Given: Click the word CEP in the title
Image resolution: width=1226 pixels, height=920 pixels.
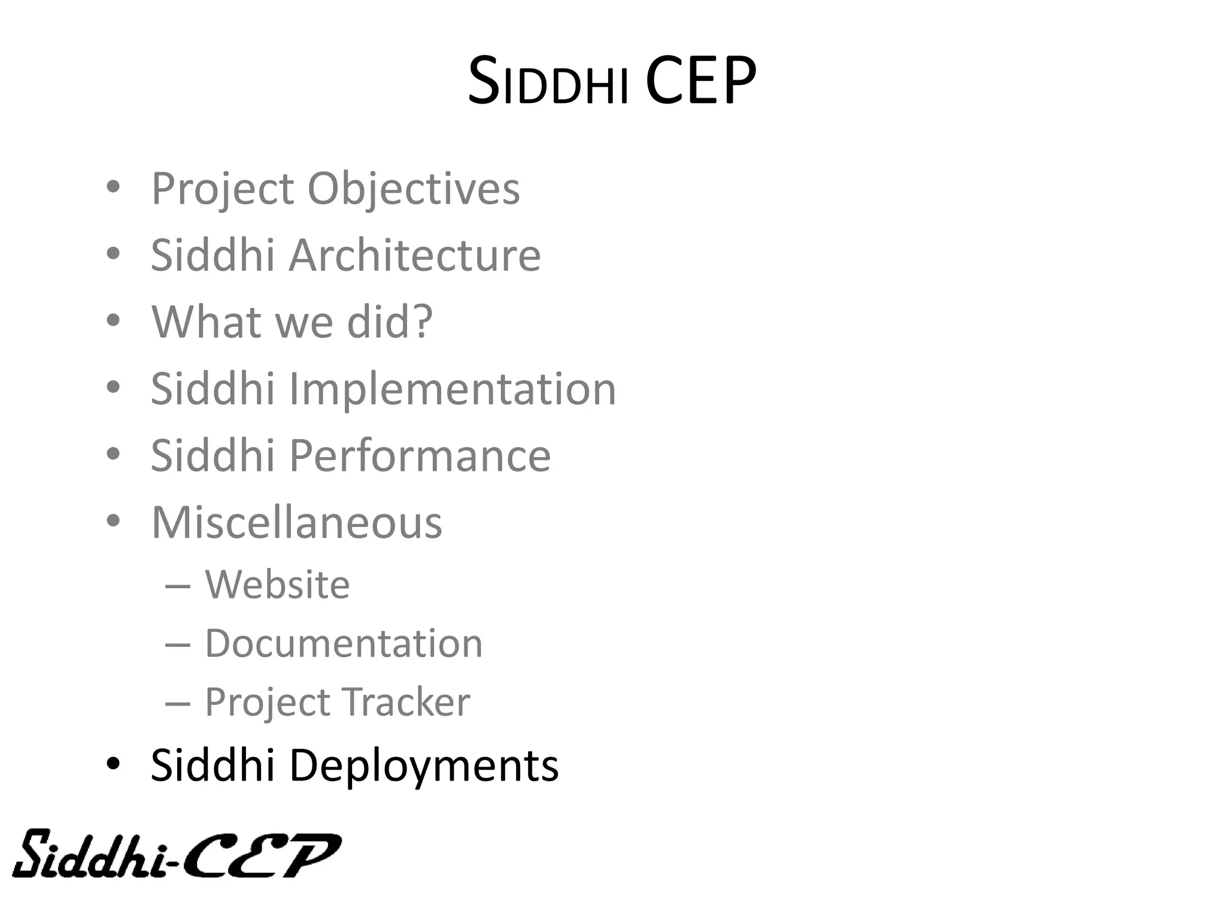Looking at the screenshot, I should pos(700,81).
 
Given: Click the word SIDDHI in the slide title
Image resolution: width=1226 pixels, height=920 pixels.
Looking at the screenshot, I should pos(548,83).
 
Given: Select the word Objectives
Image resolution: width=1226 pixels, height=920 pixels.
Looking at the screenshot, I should pos(413,189).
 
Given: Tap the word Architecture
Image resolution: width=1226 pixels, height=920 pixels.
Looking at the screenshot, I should pos(415,255).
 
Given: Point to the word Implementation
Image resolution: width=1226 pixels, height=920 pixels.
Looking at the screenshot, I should pos(452,389).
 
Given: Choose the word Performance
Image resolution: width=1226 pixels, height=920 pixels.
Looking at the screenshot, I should pos(420,456).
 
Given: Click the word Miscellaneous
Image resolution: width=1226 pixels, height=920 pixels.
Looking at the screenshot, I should pos(296,523).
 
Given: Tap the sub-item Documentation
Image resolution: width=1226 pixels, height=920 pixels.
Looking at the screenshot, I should pos(344,644).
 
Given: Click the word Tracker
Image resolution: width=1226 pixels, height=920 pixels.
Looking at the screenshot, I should pos(406,702).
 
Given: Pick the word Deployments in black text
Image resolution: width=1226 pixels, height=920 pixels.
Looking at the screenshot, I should pos(424,765).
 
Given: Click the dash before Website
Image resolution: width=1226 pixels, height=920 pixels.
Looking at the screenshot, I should pos(178,585).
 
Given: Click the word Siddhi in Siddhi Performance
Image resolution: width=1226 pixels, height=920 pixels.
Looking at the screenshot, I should pos(212,456).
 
